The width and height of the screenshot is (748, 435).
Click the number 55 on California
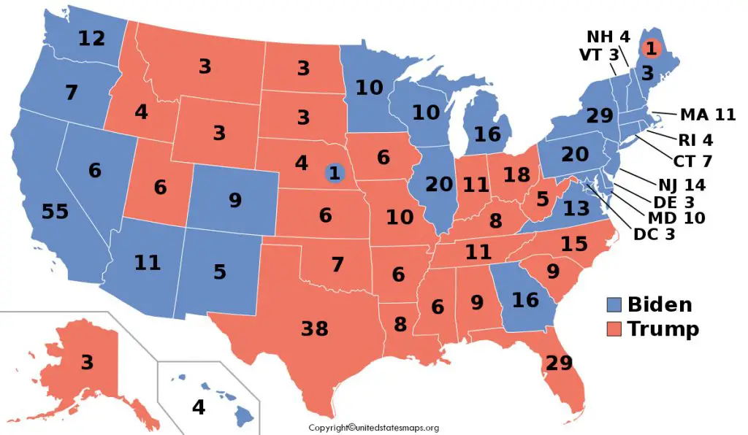click(55, 212)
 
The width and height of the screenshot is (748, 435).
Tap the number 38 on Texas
click(316, 329)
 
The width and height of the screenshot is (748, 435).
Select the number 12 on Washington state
click(93, 39)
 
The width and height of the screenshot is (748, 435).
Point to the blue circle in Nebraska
click(335, 173)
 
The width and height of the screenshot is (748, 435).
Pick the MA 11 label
click(707, 115)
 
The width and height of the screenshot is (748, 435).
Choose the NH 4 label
click(608, 36)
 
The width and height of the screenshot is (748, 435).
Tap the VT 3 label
click(600, 55)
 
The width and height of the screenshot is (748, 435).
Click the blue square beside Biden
click(615, 304)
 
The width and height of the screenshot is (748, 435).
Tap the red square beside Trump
click(615, 329)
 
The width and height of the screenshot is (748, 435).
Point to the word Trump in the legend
click(663, 329)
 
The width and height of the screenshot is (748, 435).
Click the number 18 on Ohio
click(516, 174)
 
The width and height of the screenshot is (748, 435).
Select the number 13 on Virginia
click(576, 209)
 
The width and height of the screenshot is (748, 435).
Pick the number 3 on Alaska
click(87, 362)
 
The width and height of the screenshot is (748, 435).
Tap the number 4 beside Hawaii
click(198, 407)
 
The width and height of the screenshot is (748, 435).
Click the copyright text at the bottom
click(373, 428)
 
